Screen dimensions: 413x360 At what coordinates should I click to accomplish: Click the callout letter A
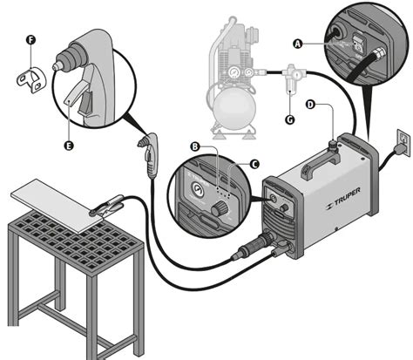coord(297,44)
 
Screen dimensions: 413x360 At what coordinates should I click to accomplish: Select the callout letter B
coord(195,146)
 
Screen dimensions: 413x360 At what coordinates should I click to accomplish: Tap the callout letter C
coord(254,165)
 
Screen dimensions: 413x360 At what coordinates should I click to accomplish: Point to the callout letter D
coord(311,105)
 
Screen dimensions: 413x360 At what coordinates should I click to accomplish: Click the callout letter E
coord(69,146)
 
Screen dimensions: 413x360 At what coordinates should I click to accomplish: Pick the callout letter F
coord(30,40)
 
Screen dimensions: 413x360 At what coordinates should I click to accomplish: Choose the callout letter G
coord(290,119)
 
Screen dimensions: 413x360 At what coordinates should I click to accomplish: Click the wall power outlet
coord(404,139)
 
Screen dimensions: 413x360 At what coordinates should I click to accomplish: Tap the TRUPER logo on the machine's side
coord(343,199)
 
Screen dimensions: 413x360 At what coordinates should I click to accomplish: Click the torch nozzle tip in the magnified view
coord(56,66)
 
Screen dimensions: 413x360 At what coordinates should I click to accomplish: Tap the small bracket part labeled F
coord(30,80)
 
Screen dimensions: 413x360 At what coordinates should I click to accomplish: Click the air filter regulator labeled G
coord(293,78)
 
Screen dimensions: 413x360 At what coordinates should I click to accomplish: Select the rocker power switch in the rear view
coord(359,43)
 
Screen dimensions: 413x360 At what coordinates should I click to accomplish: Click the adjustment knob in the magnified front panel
coord(220,209)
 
